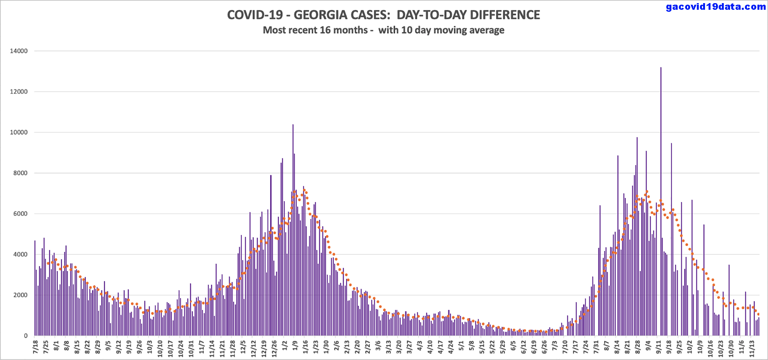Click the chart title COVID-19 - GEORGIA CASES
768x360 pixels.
[383, 15]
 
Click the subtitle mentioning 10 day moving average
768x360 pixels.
[383, 30]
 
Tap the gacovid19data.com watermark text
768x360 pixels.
[716, 7]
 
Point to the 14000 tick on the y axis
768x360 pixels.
[19, 51]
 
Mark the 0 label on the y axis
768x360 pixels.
[26, 336]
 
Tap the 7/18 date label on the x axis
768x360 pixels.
[36, 347]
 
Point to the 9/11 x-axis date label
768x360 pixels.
[659, 347]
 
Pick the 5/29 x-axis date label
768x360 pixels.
[502, 347]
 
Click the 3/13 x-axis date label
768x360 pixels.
[388, 347]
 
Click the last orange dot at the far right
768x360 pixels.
[759, 314]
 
